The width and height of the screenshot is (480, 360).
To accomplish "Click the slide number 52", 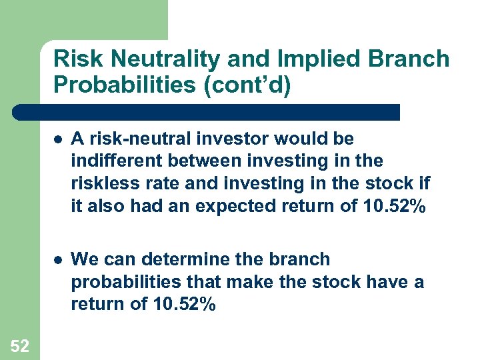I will coord(19,345).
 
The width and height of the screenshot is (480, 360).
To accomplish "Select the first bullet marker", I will coord(59,139).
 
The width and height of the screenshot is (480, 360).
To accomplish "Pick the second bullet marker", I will coord(59,259).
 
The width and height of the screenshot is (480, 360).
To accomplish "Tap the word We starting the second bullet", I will coord(83,259).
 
